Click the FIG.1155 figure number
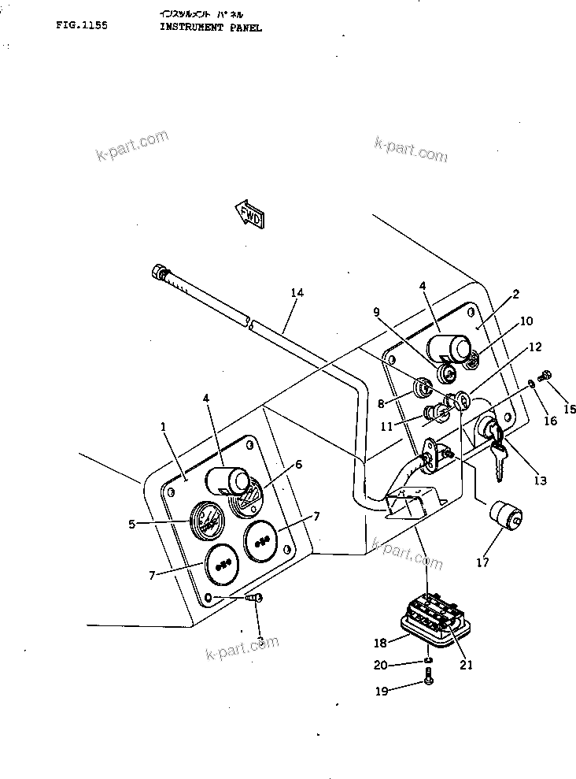81,25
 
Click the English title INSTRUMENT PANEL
211,27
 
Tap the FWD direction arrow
249,213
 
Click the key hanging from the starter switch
497,461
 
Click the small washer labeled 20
427,660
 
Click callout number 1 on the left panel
163,426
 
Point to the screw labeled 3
255,599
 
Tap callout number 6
297,465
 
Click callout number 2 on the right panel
515,295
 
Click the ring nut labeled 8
423,387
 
